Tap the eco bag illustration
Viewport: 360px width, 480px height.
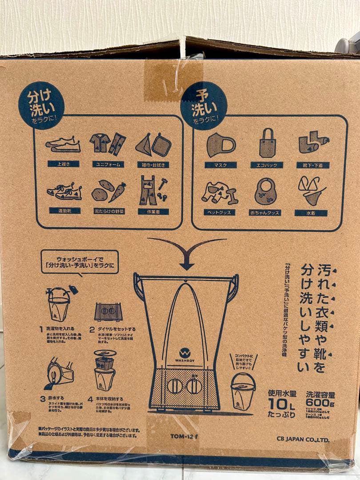[x=268, y=143]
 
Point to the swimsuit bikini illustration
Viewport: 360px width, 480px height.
[x=311, y=190]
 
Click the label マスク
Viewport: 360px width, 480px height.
[x=220, y=165]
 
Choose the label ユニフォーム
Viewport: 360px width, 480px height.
[x=108, y=164]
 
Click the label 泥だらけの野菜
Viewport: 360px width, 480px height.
[x=108, y=211]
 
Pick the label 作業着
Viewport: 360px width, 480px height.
[x=153, y=212]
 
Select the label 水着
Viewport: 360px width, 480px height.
[x=311, y=213]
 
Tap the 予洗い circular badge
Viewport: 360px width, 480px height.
[x=204, y=105]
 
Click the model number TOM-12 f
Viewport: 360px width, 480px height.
[x=184, y=436]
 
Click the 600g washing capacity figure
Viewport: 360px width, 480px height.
[x=320, y=403]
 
